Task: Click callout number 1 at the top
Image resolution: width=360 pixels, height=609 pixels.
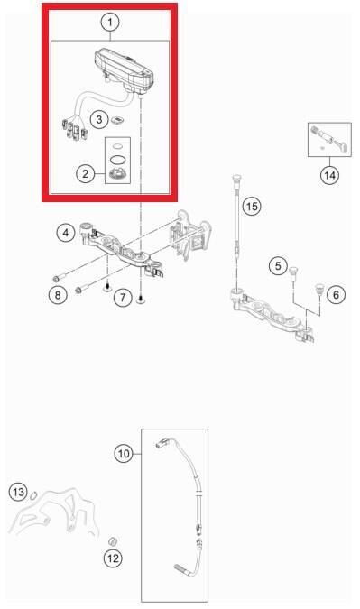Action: pyautogui.click(x=110, y=23)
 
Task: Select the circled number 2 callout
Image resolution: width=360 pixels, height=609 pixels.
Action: pyautogui.click(x=86, y=173)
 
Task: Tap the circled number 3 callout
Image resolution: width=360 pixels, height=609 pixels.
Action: pyautogui.click(x=99, y=119)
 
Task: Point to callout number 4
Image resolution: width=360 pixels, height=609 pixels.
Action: pyautogui.click(x=66, y=233)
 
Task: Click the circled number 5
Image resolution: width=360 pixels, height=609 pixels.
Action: pyautogui.click(x=278, y=266)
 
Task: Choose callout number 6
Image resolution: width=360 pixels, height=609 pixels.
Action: pyautogui.click(x=336, y=295)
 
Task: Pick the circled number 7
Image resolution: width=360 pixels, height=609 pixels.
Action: pyautogui.click(x=123, y=298)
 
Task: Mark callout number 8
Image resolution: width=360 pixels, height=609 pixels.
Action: pyautogui.click(x=58, y=295)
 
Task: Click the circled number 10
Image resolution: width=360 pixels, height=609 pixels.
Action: pyautogui.click(x=124, y=453)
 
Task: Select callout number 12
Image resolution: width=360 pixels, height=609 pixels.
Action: pyautogui.click(x=113, y=558)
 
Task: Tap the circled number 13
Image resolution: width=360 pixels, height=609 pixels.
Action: pyautogui.click(x=18, y=493)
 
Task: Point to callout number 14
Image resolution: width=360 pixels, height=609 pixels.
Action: pyautogui.click(x=329, y=175)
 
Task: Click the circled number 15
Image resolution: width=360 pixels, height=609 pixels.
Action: pyautogui.click(x=252, y=206)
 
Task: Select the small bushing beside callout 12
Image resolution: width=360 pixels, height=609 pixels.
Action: pyautogui.click(x=112, y=541)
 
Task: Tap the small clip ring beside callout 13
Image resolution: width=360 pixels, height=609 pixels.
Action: pyautogui.click(x=33, y=494)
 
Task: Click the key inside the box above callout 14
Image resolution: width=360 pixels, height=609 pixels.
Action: pyautogui.click(x=341, y=146)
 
